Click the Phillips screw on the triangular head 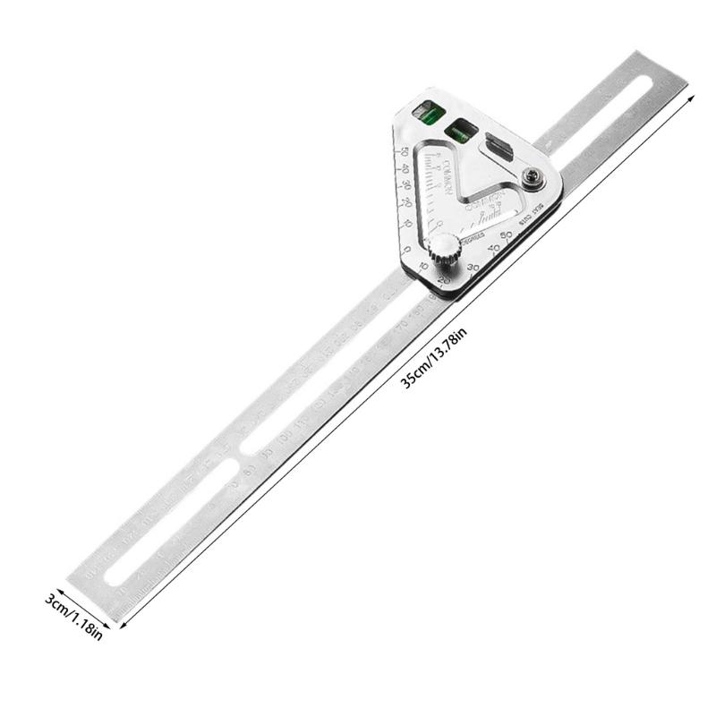click(x=535, y=182)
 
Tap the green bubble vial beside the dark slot click(x=462, y=131)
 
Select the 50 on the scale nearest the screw click(x=507, y=235)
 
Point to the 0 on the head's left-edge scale click(x=407, y=248)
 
